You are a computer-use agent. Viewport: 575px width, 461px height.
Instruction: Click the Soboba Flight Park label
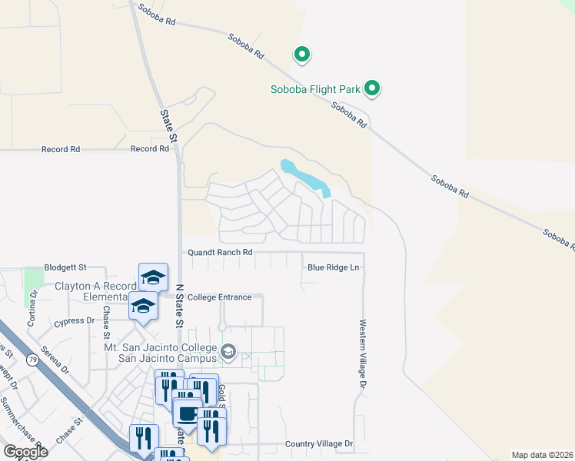pos(315,89)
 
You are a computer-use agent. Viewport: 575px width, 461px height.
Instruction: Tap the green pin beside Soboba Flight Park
pos(372,89)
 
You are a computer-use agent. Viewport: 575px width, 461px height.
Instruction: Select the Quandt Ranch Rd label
pos(221,252)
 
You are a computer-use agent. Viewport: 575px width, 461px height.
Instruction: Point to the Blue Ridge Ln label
pos(334,267)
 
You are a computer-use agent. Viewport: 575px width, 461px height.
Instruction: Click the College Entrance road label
pos(219,297)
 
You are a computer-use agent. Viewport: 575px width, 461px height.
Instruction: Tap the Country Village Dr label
pos(318,444)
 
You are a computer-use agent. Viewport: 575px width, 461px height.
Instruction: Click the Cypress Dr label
pos(75,321)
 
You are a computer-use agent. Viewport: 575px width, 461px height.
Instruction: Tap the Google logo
pos(25,452)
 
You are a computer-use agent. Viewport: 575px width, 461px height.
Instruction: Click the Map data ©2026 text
pos(542,455)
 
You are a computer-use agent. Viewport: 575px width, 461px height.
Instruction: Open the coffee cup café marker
pos(188,415)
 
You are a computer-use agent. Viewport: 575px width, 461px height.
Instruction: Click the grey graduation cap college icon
pos(228,352)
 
